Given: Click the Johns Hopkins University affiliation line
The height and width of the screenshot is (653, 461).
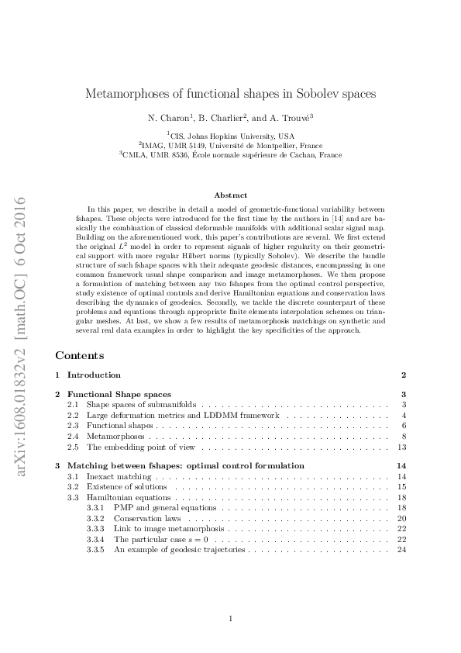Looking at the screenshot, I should click(230, 134).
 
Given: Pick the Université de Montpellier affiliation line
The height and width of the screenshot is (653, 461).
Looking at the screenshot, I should click(230, 144).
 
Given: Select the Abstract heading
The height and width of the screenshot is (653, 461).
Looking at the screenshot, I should click(230, 195).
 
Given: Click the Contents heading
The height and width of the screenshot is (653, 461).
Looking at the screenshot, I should click(80, 356).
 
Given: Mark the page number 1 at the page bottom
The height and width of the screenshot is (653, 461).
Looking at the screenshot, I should click(231, 618).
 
